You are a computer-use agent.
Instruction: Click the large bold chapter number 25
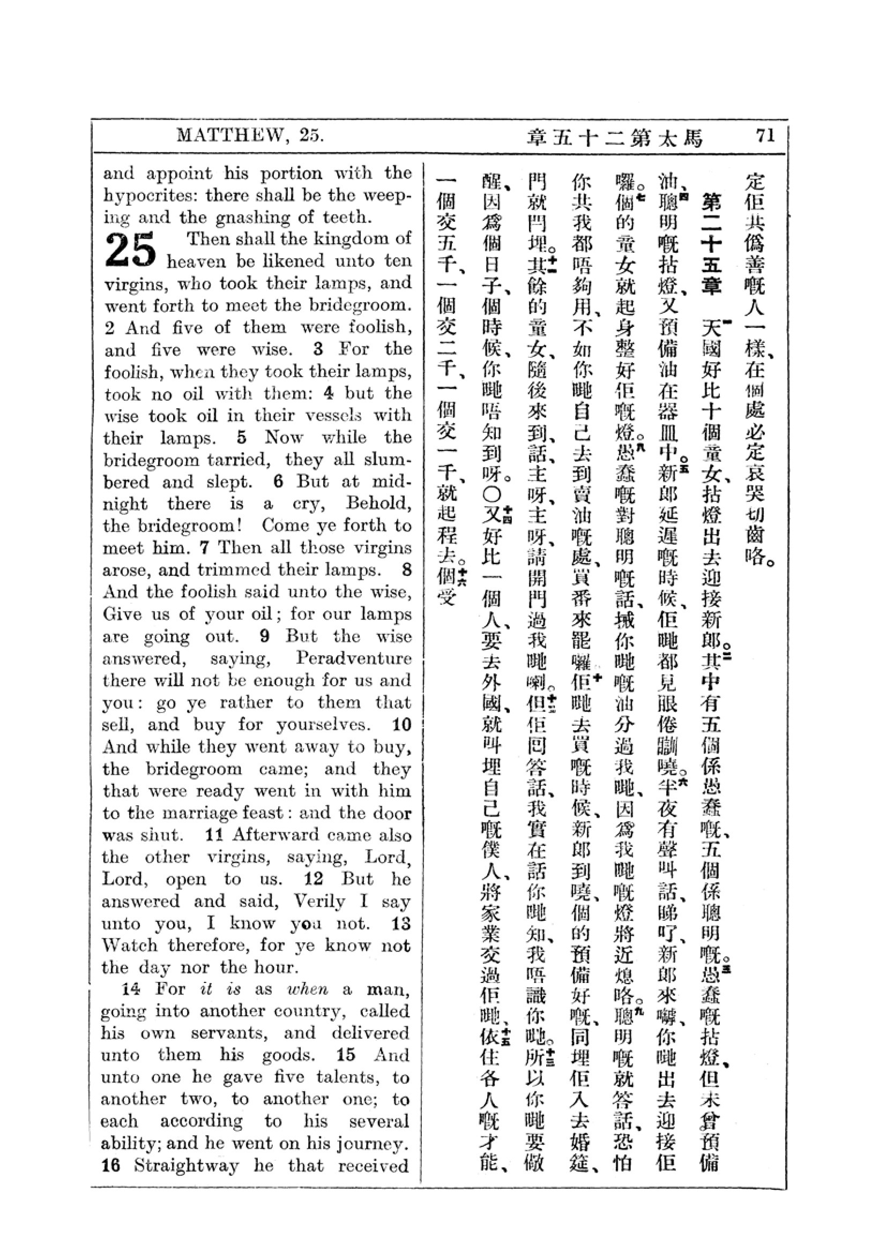click(131, 251)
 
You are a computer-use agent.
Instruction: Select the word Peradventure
click(353, 658)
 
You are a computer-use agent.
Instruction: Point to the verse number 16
click(111, 1166)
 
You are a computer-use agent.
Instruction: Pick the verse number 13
click(401, 924)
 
